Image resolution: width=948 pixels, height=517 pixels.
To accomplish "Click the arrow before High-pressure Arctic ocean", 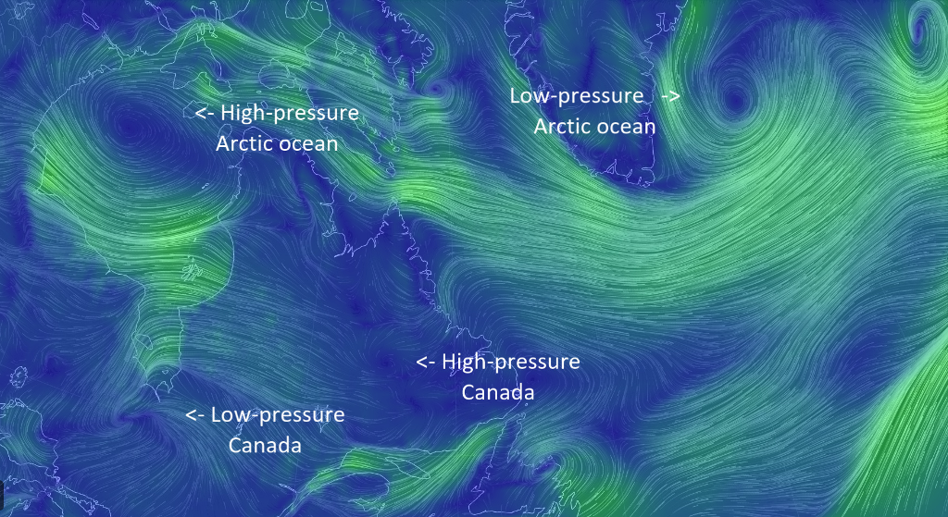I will tap(205, 113).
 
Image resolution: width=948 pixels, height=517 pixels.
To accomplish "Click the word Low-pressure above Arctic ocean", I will tap(576, 96).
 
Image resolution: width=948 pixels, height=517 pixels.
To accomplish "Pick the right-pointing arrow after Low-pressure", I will tap(671, 96).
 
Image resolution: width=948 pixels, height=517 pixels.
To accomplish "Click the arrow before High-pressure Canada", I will tap(426, 362).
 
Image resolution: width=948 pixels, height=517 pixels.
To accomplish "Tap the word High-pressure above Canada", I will tap(510, 362).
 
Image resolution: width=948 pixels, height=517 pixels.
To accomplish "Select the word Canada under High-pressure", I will tap(498, 392).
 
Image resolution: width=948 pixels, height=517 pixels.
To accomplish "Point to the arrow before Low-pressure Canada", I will tap(195, 414).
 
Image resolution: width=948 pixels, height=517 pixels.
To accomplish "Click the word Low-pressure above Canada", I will tap(278, 414).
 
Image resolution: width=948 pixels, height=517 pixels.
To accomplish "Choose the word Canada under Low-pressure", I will tap(265, 445).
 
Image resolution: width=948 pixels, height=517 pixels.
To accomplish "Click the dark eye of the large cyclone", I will tap(736, 101).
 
